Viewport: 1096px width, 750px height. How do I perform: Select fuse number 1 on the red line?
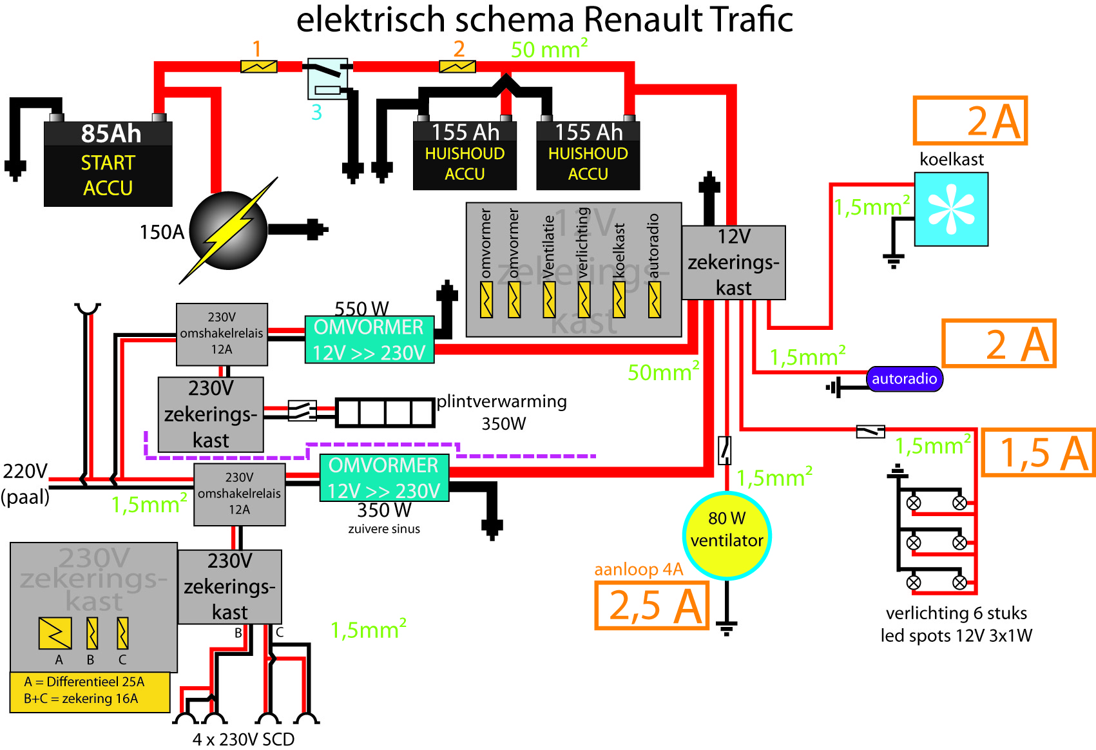(258, 66)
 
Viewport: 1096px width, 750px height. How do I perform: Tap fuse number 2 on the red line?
(457, 66)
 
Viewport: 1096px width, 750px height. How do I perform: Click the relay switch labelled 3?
(327, 78)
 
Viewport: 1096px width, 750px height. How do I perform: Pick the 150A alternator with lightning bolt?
(229, 230)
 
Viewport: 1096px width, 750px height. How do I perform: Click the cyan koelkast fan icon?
(951, 209)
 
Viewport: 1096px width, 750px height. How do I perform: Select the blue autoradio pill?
(904, 379)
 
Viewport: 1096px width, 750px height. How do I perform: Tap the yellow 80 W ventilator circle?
(727, 535)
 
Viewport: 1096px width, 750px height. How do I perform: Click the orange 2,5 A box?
(652, 605)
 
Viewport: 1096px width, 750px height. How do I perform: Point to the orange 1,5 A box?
(1038, 452)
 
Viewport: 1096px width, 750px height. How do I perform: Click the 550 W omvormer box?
(369, 340)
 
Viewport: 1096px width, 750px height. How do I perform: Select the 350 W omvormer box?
(384, 478)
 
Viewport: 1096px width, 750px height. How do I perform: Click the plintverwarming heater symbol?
(385, 412)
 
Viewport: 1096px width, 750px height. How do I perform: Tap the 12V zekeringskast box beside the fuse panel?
(733, 262)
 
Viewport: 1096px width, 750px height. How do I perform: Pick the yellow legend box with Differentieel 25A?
(90, 691)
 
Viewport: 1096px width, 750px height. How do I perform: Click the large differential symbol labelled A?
(55, 633)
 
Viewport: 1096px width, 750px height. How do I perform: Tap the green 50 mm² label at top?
(549, 49)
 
